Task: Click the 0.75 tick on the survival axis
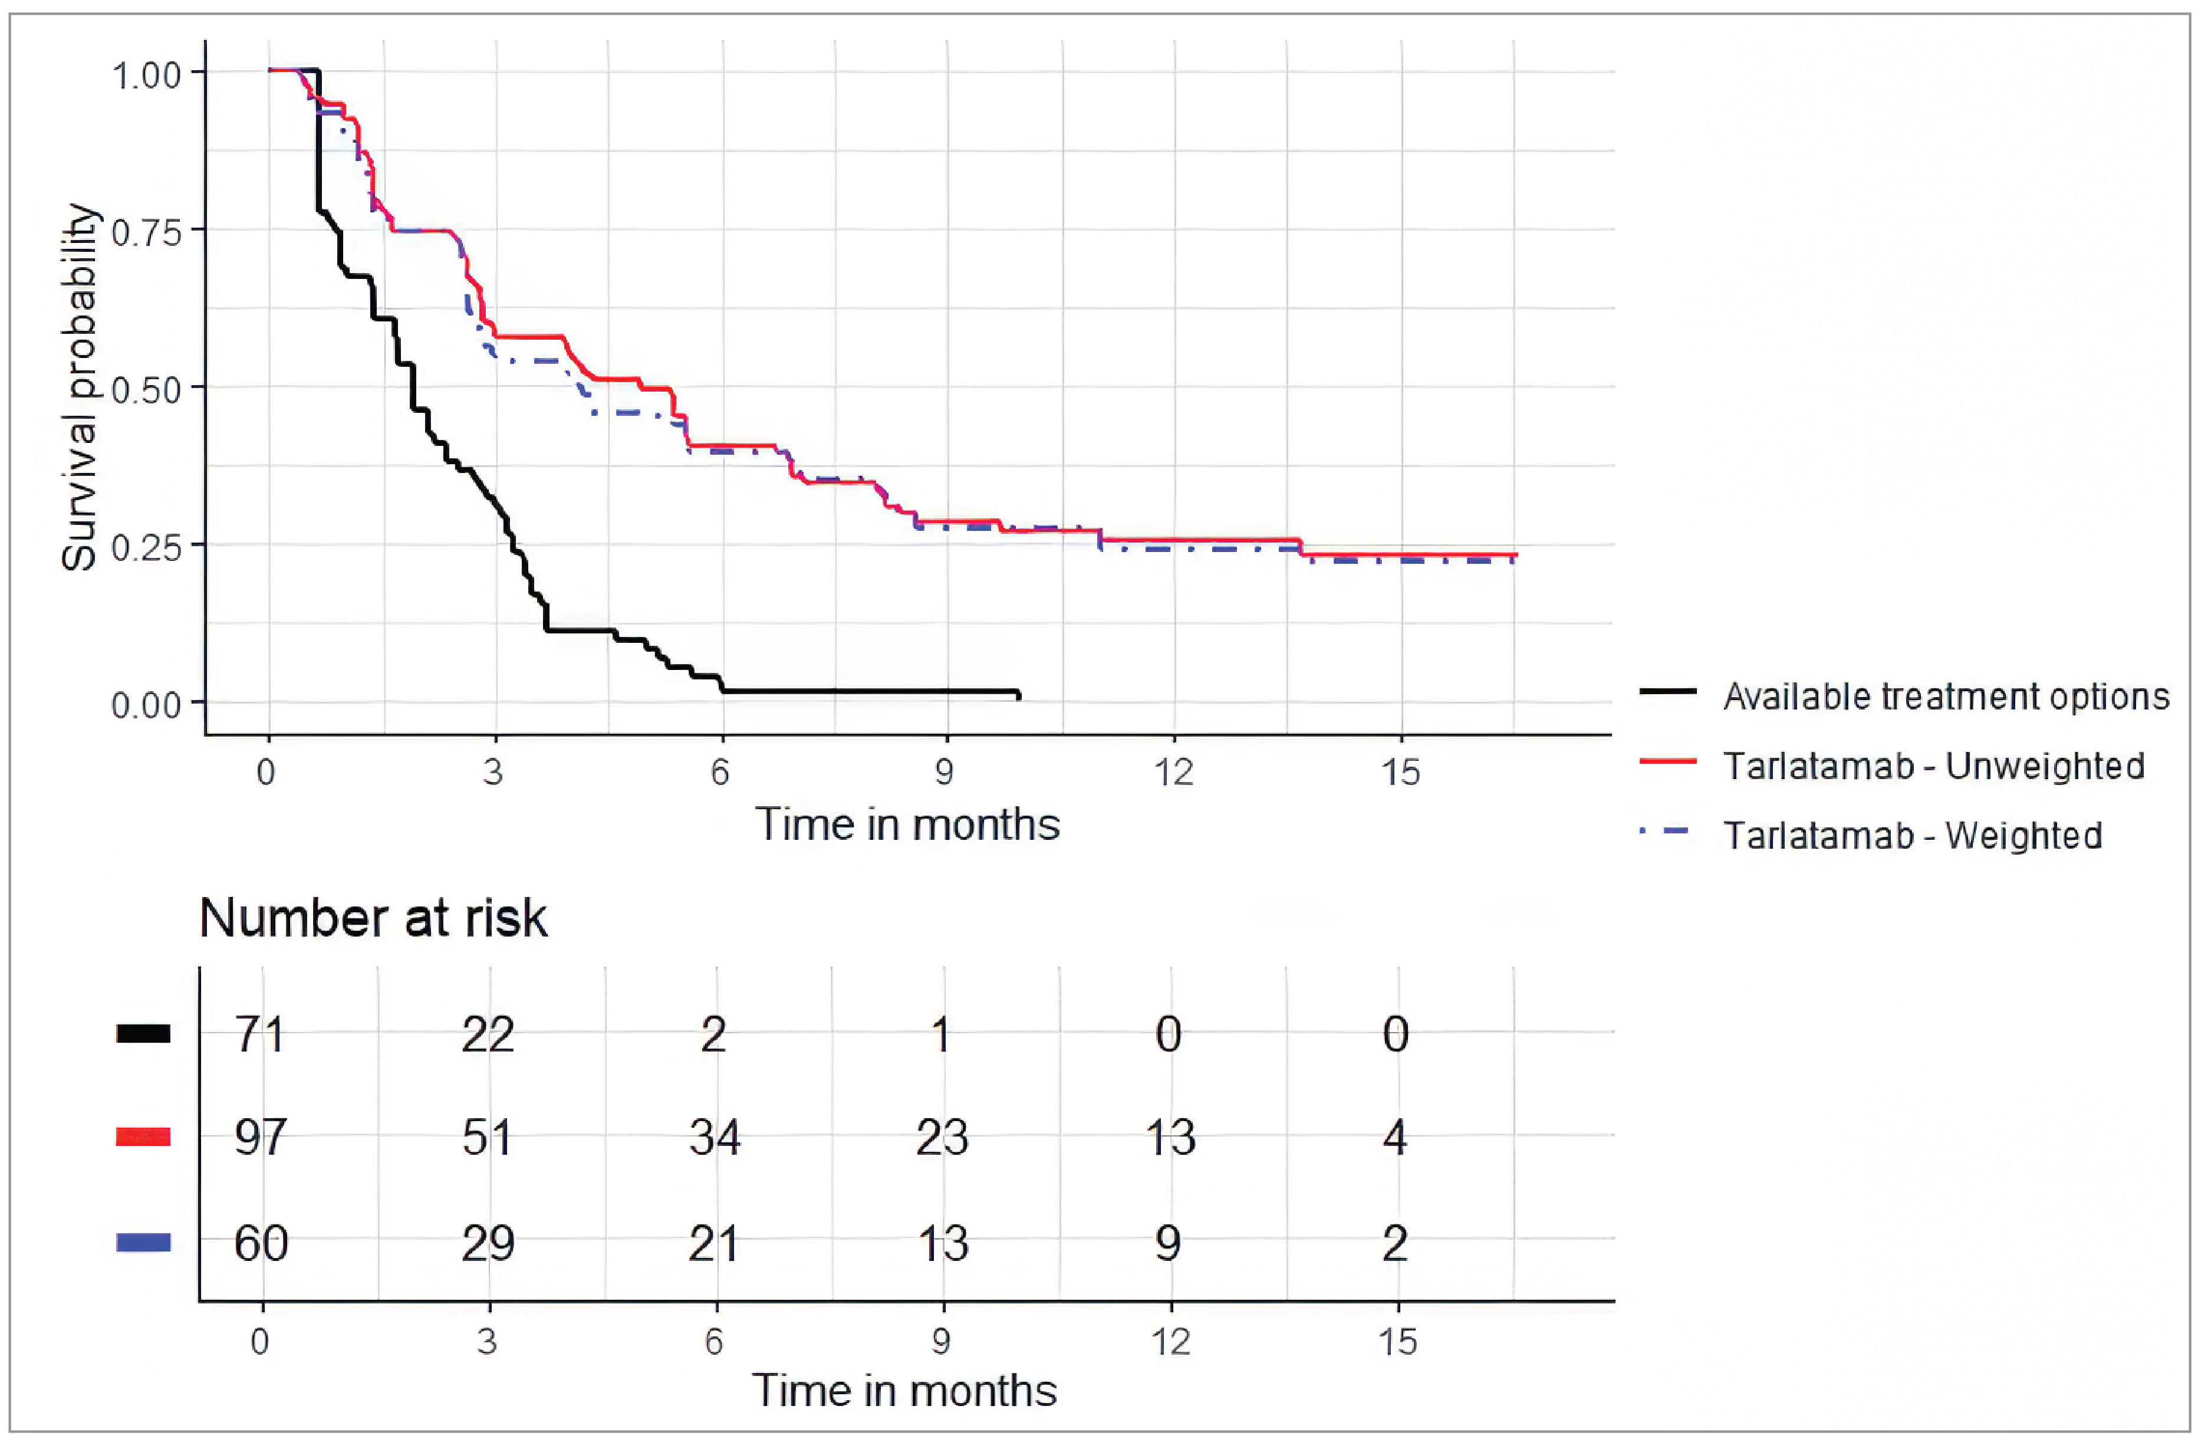(x=146, y=232)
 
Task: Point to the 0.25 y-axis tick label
(x=146, y=547)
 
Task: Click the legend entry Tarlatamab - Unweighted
(x=1933, y=765)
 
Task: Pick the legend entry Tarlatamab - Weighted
(x=1911, y=835)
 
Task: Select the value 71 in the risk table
(x=259, y=1034)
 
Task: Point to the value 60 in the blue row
(x=261, y=1243)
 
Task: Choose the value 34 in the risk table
(x=714, y=1137)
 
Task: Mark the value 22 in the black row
(x=488, y=1034)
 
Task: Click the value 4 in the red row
(x=1394, y=1137)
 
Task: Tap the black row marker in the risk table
(x=143, y=1034)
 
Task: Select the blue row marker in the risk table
(x=143, y=1243)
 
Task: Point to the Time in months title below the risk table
(x=903, y=1390)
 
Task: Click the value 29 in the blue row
(x=488, y=1243)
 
